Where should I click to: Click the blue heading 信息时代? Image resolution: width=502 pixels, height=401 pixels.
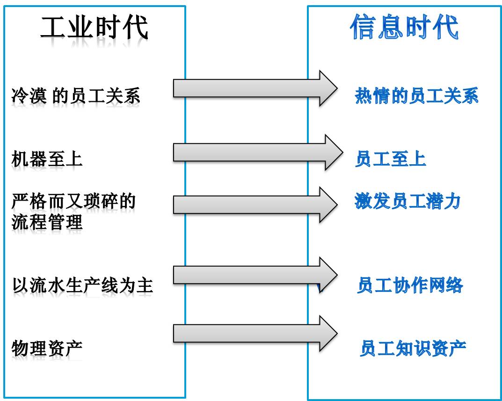404,27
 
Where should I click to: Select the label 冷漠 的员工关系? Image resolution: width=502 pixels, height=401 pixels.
75,96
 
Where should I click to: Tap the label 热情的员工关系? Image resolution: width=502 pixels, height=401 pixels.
416,96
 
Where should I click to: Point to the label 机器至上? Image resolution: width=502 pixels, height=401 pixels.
47,159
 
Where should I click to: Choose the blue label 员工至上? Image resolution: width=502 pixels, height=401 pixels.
391,159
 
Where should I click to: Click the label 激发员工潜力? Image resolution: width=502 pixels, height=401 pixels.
407,201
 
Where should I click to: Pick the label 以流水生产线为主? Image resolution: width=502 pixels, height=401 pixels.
82,285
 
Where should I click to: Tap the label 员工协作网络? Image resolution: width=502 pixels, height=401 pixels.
410,285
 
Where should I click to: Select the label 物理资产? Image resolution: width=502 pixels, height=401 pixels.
47,348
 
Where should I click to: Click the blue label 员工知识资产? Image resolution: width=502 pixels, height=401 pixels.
413,348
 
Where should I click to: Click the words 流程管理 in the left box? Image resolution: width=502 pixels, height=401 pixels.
47,221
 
